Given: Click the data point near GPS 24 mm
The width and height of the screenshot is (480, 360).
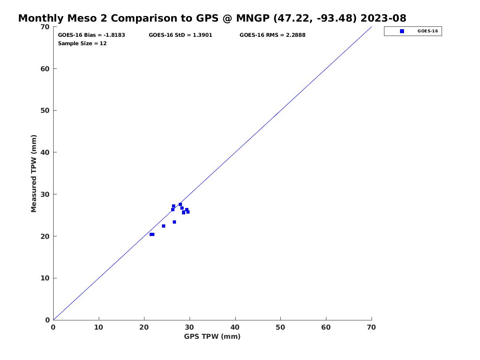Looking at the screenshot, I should (164, 226).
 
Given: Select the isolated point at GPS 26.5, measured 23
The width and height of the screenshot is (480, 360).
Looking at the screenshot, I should (174, 222).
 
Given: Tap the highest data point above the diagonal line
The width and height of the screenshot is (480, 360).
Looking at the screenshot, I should (174, 206).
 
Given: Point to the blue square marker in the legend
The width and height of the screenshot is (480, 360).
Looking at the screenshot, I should (402, 31).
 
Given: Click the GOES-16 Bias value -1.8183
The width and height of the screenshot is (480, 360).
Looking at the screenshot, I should (114, 35).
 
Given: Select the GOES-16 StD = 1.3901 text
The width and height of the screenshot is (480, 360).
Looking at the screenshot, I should (180, 35).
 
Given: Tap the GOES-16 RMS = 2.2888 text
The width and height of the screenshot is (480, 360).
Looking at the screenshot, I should (272, 35).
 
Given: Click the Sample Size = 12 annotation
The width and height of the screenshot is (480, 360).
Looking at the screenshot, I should (82, 43).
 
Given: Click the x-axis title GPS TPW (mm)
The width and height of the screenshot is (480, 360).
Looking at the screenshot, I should (212, 336).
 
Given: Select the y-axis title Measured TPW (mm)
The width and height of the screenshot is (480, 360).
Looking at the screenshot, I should (34, 173).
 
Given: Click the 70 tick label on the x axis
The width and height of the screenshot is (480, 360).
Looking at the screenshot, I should (372, 327).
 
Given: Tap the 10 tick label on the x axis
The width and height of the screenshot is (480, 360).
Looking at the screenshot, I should (99, 327).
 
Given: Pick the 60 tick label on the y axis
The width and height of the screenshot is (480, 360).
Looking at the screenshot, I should (45, 69).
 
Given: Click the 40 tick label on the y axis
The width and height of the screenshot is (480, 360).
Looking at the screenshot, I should (45, 152).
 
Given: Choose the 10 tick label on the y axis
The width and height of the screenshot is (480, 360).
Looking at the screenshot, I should (45, 278).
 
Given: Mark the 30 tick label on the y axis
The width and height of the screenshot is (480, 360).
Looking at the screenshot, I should (45, 194).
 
